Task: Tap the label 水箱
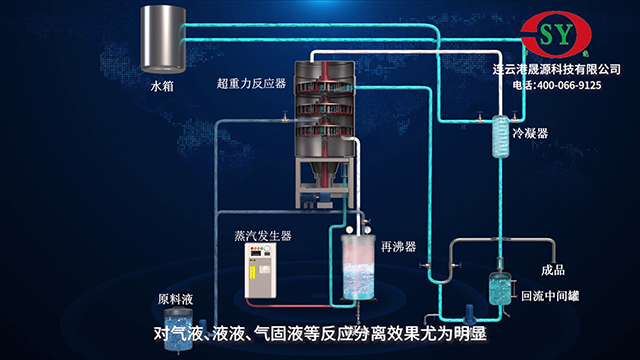point(162,87)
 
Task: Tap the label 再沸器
point(398,244)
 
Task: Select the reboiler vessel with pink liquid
point(356,265)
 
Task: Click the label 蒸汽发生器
point(262,236)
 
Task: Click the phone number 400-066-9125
point(571,86)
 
